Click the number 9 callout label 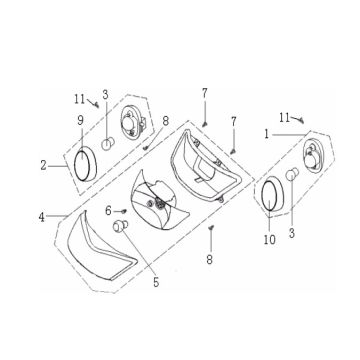coord(81,121)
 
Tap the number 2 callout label coord(44,166)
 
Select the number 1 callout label coord(266,134)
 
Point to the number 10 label coord(270,239)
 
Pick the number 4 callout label coord(41,217)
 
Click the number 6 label coord(108,211)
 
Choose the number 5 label coord(156,283)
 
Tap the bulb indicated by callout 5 coord(120,226)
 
